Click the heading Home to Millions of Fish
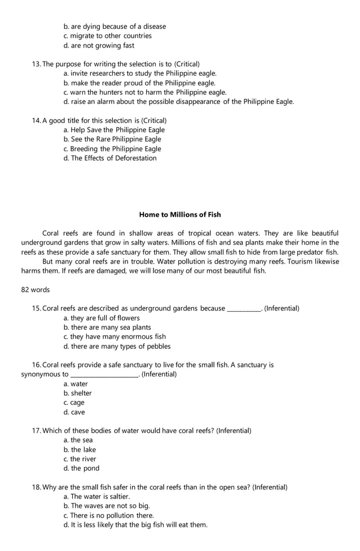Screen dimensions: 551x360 [x=180, y=215]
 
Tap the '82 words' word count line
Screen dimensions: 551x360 [x=36, y=290]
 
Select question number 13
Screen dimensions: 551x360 [x=37, y=64]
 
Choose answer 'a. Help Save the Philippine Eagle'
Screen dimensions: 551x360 [x=114, y=130]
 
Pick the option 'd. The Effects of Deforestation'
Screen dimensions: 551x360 [x=110, y=158]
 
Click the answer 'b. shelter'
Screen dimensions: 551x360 [x=77, y=393]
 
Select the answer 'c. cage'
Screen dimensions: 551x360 [x=74, y=403]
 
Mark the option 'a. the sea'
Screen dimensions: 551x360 [x=78, y=440]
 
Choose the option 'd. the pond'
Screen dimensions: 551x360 [x=81, y=469]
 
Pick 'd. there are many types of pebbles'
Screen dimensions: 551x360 [x=117, y=346]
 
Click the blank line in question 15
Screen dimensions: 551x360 [x=243, y=309]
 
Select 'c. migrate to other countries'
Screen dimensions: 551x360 [x=107, y=36]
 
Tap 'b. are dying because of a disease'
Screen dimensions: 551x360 [x=115, y=27]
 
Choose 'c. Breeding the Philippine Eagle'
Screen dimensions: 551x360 [x=112, y=149]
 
